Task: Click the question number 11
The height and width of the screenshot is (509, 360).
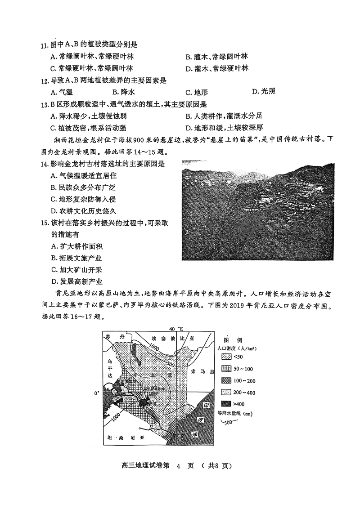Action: click(44, 45)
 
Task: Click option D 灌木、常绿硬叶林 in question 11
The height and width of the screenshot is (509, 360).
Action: click(216, 68)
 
